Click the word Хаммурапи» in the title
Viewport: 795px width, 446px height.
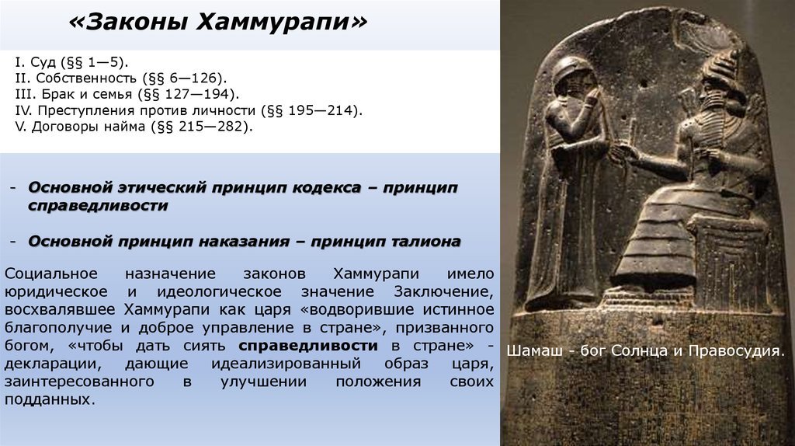tap(281, 23)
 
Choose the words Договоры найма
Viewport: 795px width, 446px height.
tap(89, 127)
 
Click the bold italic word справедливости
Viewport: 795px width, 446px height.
tap(98, 205)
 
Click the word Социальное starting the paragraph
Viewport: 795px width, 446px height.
tap(50, 274)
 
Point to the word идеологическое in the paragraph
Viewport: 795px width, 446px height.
tap(219, 291)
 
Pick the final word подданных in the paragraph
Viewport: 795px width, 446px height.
tap(50, 399)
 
